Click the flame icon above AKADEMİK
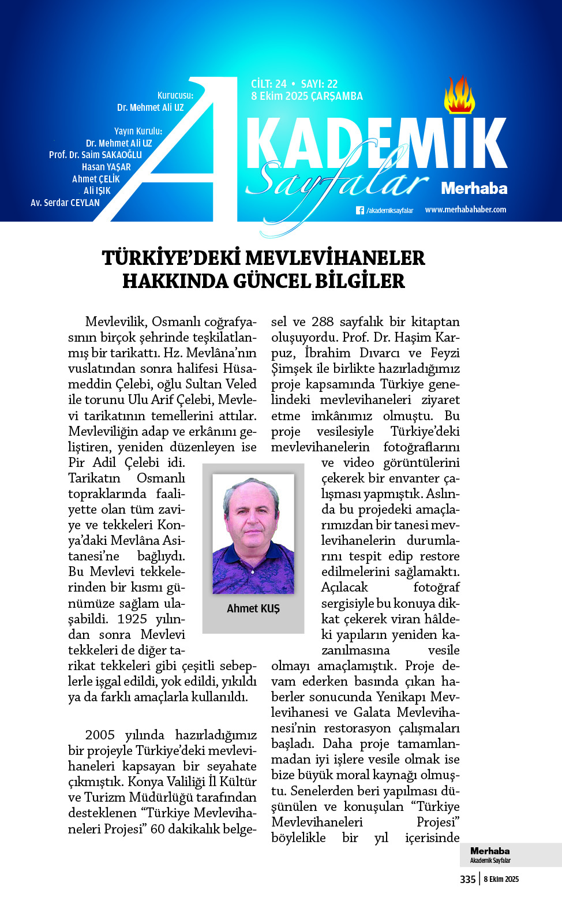click(x=459, y=95)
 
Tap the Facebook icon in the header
click(x=359, y=211)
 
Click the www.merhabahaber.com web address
click(x=465, y=210)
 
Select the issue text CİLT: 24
click(x=268, y=84)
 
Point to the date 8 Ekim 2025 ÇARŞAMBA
click(x=306, y=96)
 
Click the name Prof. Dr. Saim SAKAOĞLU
click(x=95, y=155)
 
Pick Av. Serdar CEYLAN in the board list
click(x=65, y=203)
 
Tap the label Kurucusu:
click(x=175, y=95)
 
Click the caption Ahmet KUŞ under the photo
click(x=253, y=608)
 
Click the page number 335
click(x=467, y=879)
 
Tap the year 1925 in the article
click(x=132, y=619)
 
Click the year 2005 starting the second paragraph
click(x=100, y=735)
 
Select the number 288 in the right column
click(x=323, y=321)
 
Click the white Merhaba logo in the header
click(x=474, y=188)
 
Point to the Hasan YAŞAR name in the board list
click(x=106, y=167)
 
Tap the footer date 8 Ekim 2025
click(x=501, y=879)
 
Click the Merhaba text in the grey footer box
click(x=490, y=851)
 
